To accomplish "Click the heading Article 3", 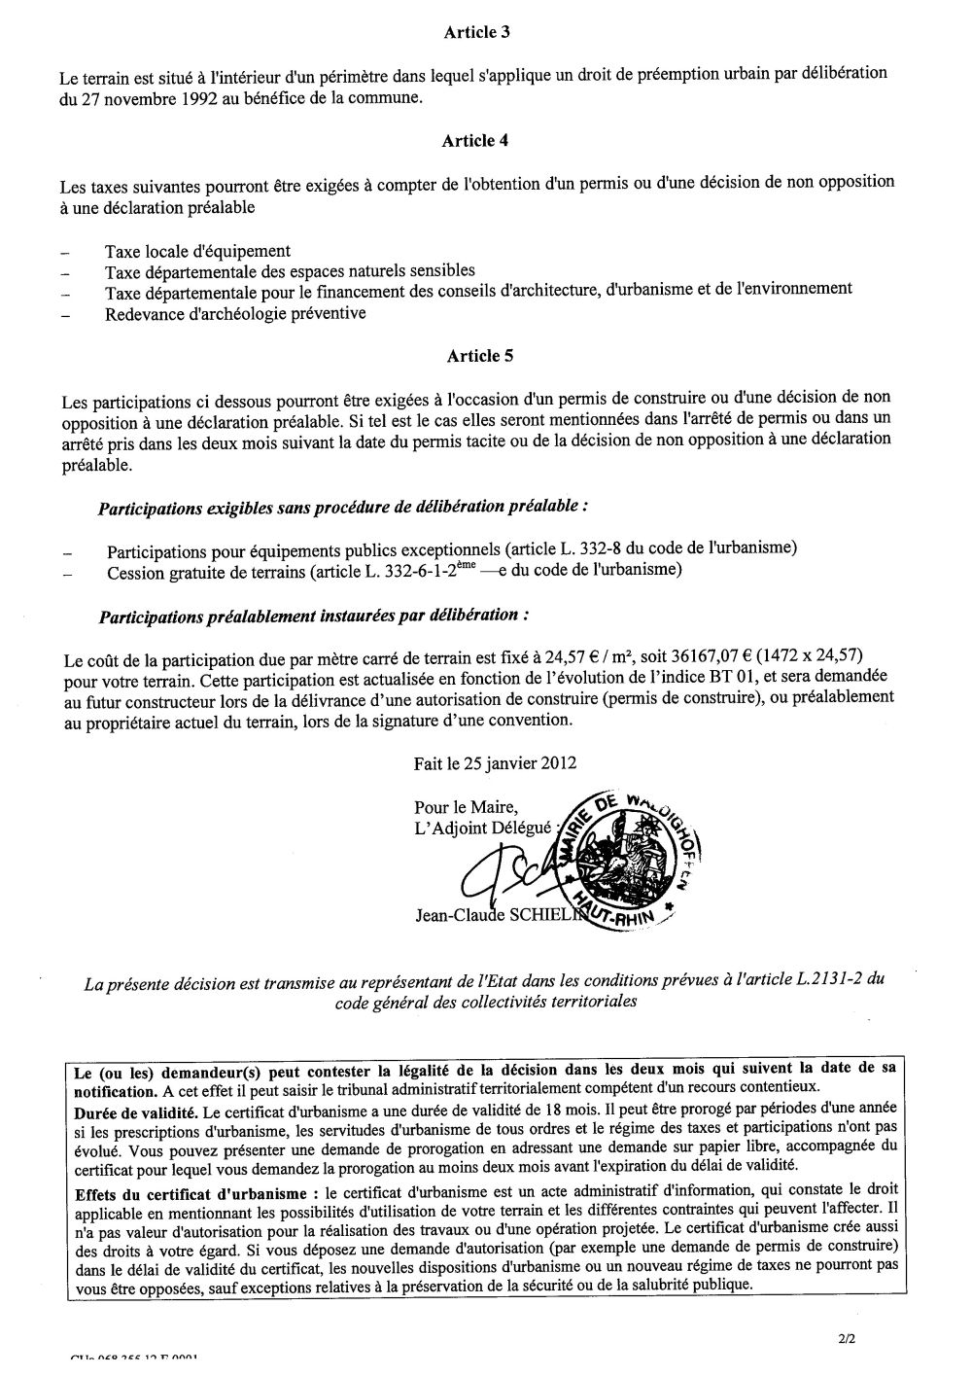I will [x=477, y=32].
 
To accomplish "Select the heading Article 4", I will [x=475, y=141].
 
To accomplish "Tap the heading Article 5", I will [x=479, y=356].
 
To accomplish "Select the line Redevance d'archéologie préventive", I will [x=235, y=313].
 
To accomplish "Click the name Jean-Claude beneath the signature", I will [x=454, y=914].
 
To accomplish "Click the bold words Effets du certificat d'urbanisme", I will [x=193, y=1192].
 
